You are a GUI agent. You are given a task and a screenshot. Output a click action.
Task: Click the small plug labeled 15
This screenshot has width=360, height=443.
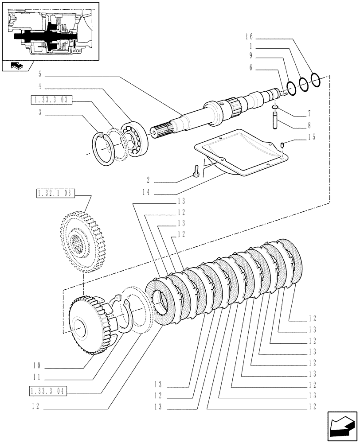click(x=282, y=144)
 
